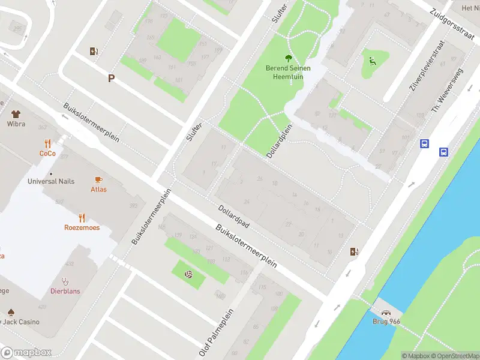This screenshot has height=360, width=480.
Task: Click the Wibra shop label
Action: tap(16, 124)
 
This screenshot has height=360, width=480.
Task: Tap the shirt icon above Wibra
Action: tap(16, 113)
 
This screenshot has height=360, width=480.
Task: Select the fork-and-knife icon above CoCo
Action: tap(47, 143)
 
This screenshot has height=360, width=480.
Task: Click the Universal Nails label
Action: tap(51, 181)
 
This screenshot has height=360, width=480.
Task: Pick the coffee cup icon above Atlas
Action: tap(99, 179)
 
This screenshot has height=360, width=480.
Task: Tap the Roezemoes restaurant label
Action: tap(82, 227)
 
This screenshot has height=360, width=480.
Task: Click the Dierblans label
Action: tap(65, 291)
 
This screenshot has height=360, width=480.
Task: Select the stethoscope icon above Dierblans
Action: tap(65, 281)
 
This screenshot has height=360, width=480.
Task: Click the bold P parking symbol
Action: tap(111, 78)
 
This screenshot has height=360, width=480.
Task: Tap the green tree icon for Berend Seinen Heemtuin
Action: tap(289, 58)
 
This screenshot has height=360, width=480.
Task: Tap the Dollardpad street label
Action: tap(233, 217)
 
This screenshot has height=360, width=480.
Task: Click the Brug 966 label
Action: tap(386, 322)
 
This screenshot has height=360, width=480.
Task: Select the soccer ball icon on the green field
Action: tap(188, 275)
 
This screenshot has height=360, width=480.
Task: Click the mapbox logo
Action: tap(26, 352)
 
